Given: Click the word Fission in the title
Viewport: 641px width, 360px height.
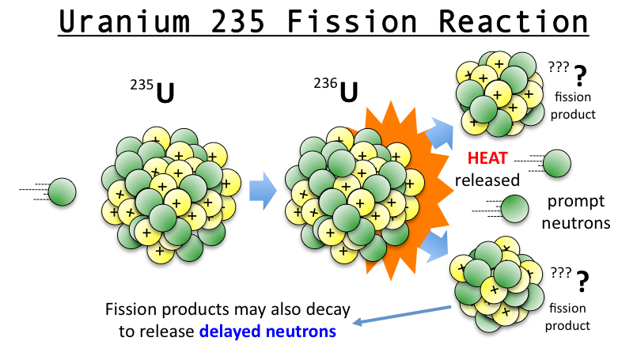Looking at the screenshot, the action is (x=351, y=21).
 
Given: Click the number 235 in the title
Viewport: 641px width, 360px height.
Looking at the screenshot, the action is (x=238, y=21).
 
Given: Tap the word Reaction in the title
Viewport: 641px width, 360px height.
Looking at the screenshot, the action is (x=513, y=21).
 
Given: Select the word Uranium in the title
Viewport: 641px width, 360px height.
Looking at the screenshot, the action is (x=124, y=21).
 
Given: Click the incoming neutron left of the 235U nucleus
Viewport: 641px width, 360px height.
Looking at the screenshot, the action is (x=62, y=191).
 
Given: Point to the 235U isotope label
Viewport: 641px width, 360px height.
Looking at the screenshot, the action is (x=153, y=91).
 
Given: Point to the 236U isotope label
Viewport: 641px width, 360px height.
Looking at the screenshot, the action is (x=336, y=89).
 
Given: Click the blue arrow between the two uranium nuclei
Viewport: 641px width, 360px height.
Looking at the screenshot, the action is (x=263, y=191).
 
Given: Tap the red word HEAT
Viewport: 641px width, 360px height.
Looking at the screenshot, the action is (x=487, y=157).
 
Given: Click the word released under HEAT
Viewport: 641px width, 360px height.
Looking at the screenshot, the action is (x=487, y=180).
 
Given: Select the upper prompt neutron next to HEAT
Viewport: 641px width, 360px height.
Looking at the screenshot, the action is (x=557, y=163).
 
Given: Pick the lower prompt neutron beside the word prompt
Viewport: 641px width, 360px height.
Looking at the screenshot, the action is (x=514, y=209).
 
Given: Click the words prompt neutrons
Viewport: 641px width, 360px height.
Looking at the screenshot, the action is (x=576, y=213).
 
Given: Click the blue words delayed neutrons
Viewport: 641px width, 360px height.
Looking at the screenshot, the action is (x=267, y=331).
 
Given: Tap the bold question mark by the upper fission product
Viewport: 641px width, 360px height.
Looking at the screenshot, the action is (x=580, y=76).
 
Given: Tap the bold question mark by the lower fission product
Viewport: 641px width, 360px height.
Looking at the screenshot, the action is (x=582, y=282).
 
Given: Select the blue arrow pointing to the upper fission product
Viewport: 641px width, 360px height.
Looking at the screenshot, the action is (x=440, y=134).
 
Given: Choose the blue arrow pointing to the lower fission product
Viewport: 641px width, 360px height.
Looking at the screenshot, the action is (x=434, y=246).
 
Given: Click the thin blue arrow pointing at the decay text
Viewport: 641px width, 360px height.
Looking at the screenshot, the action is (x=402, y=315).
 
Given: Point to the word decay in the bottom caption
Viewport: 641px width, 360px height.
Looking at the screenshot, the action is (x=328, y=309).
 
